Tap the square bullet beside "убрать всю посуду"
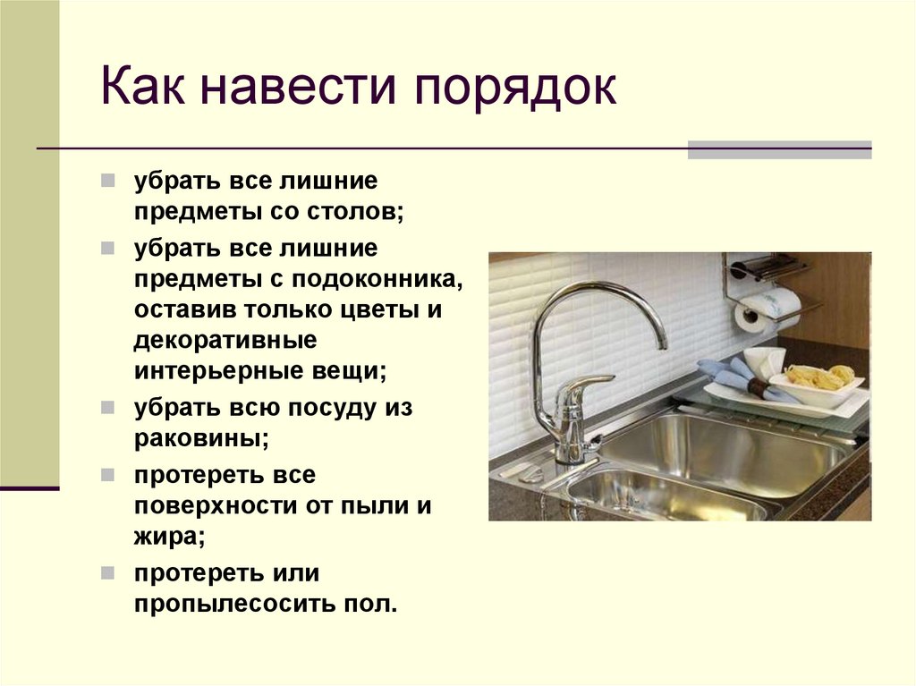click(x=107, y=407)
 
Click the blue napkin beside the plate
click(x=729, y=377)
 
